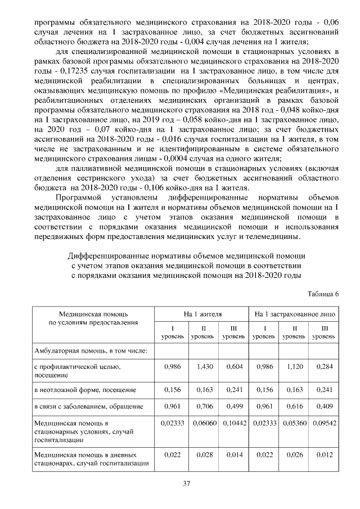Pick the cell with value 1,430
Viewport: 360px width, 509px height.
coord(202,366)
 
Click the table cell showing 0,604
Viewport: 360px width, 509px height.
coord(233,366)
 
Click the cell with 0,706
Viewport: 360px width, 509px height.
coord(202,406)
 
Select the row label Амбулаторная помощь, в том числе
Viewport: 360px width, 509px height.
coord(90,350)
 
